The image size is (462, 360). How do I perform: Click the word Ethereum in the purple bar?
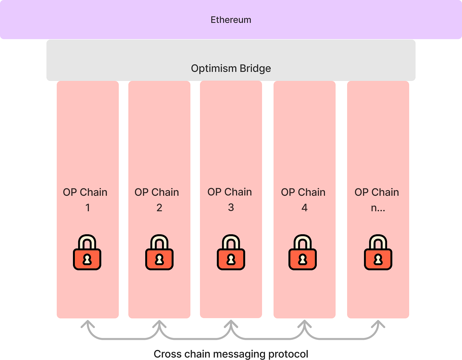(x=231, y=20)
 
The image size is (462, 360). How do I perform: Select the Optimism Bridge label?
(x=231, y=68)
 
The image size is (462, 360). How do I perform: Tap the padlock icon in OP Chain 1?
(x=87, y=253)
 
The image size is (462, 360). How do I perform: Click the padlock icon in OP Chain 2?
(x=159, y=253)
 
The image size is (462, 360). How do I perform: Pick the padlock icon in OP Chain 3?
(x=231, y=253)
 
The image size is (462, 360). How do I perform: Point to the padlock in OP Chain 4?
(x=303, y=253)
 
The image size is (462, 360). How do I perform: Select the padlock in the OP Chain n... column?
(x=378, y=253)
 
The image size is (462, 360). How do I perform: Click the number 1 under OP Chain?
(x=87, y=208)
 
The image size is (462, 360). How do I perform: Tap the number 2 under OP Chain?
(x=159, y=208)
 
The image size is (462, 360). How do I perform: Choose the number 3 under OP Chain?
(x=231, y=207)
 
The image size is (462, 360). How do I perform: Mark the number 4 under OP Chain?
(x=304, y=208)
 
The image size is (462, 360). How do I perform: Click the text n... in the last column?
(x=378, y=208)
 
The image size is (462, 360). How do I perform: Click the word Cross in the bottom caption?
(x=168, y=354)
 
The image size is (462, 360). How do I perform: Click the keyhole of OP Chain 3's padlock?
(x=231, y=260)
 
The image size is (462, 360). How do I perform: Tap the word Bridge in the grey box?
(x=255, y=68)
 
